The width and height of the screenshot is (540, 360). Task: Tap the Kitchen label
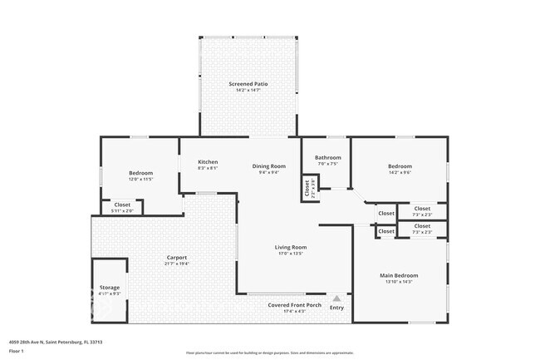click(208, 162)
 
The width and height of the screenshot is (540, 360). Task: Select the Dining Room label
click(269, 166)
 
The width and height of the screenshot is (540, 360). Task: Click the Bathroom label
click(328, 157)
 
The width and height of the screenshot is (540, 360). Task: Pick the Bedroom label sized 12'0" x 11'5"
click(140, 173)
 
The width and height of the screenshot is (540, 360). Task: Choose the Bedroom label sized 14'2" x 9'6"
click(400, 166)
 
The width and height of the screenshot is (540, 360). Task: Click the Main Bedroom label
click(399, 275)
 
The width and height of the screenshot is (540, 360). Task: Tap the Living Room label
click(291, 247)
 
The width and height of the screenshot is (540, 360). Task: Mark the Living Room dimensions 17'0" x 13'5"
click(291, 254)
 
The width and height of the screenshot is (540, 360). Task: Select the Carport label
click(176, 257)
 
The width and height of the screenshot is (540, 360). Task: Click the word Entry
click(336, 308)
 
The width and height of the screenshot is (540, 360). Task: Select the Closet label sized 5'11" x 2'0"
click(122, 205)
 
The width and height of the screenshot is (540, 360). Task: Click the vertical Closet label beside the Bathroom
click(307, 190)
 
